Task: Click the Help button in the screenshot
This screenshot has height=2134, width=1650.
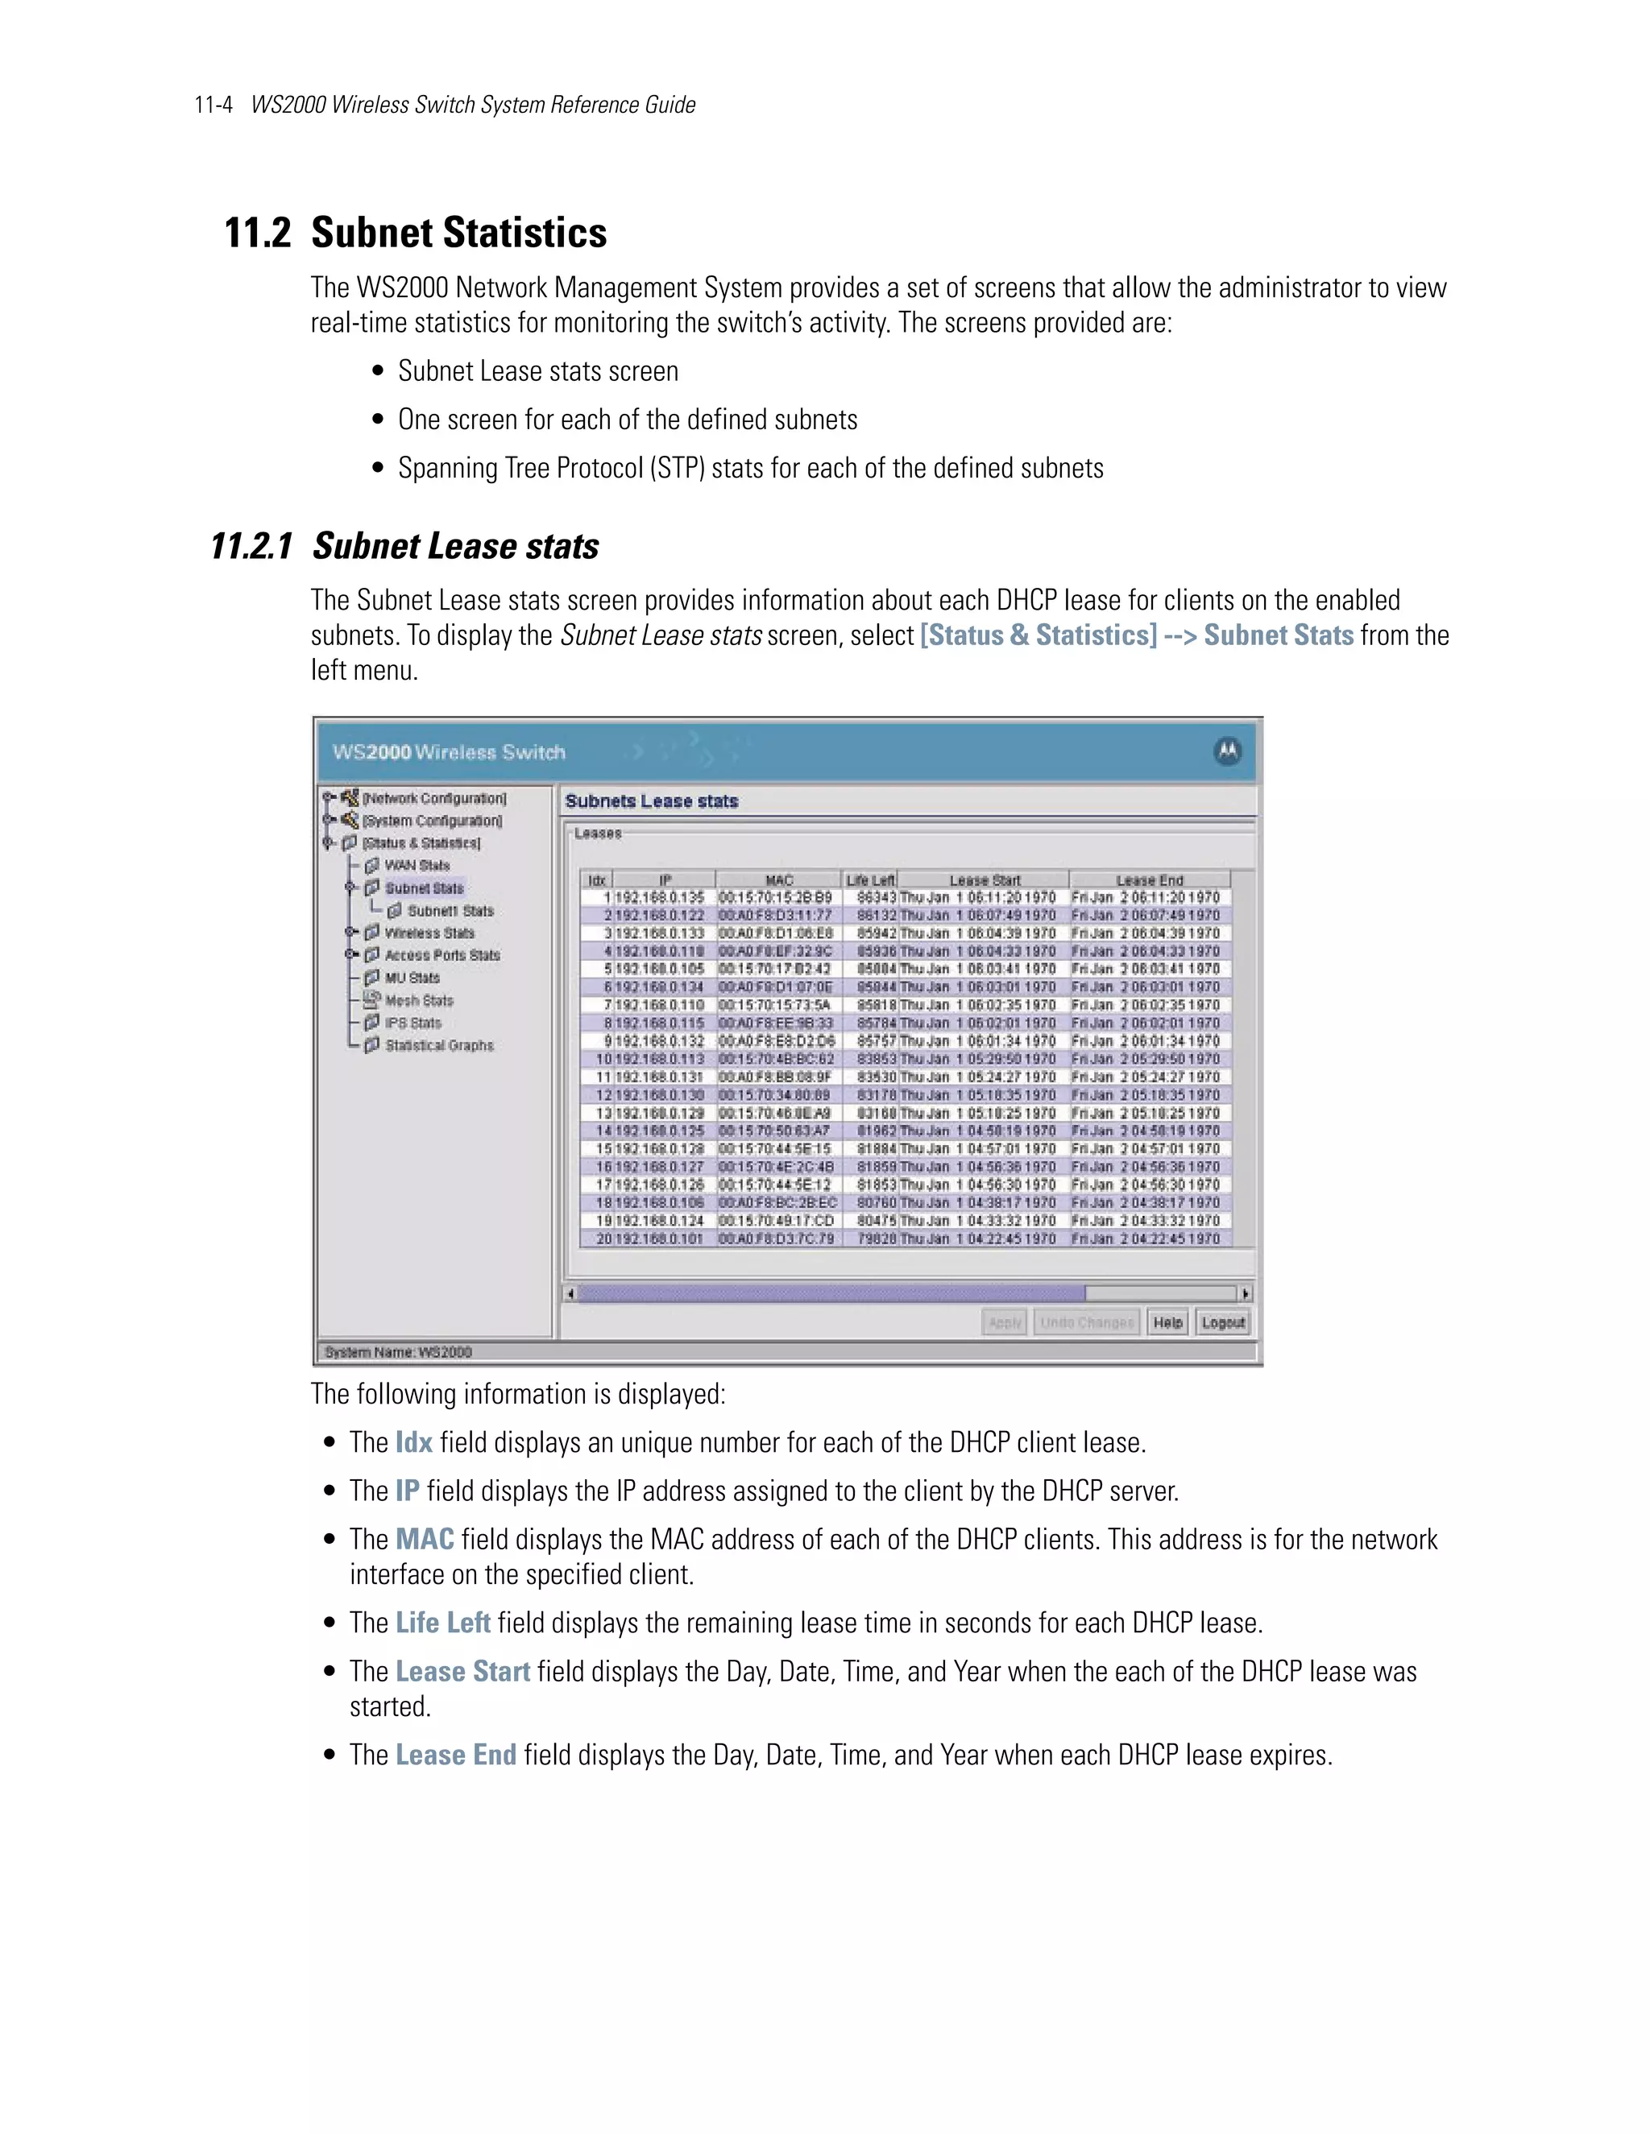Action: pyautogui.click(x=1167, y=1322)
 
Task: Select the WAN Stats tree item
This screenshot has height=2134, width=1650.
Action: pyautogui.click(x=417, y=866)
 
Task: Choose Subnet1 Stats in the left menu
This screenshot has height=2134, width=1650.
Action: pyautogui.click(x=450, y=911)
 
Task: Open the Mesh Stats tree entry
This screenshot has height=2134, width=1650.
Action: pyautogui.click(x=418, y=1000)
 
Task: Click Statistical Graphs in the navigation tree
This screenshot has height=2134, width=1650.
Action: pyautogui.click(x=439, y=1045)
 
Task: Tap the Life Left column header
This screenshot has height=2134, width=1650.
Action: pyautogui.click(x=870, y=879)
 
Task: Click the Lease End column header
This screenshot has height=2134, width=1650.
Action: pyautogui.click(x=1150, y=879)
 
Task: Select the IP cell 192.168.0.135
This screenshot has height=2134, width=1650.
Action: pyautogui.click(x=660, y=897)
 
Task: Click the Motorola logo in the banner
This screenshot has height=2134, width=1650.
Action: pyautogui.click(x=1228, y=751)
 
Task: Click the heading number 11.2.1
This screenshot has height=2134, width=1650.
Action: pyautogui.click(x=251, y=546)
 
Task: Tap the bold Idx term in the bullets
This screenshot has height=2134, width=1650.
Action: pyautogui.click(x=413, y=1442)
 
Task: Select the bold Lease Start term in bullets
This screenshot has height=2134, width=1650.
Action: pyautogui.click(x=462, y=1671)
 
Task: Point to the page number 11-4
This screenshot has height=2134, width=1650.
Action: pyautogui.click(x=213, y=105)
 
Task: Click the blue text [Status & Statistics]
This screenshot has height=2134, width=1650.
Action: pyautogui.click(x=1038, y=635)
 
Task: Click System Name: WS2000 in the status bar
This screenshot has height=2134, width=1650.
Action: pyautogui.click(x=398, y=1352)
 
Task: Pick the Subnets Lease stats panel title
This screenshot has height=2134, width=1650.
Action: pyautogui.click(x=651, y=801)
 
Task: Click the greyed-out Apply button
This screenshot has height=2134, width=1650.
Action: pyautogui.click(x=1004, y=1322)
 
